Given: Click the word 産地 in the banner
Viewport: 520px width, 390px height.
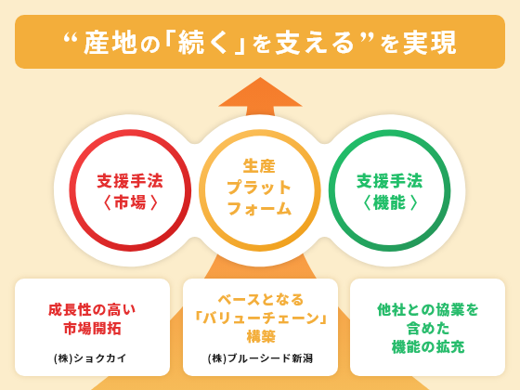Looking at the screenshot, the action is (x=110, y=43).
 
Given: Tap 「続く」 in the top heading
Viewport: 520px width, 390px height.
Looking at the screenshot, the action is (x=205, y=43).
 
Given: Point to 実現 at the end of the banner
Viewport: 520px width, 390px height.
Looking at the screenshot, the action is (x=430, y=43).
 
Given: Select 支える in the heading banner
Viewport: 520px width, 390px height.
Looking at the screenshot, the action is (x=315, y=43).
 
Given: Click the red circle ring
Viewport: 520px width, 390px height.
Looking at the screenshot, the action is (x=71, y=190).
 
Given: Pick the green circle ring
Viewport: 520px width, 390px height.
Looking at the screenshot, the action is (x=331, y=190).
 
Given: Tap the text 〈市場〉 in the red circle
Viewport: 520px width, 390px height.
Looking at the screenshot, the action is (x=130, y=202).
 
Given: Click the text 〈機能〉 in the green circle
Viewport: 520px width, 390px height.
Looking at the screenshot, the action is (x=390, y=202).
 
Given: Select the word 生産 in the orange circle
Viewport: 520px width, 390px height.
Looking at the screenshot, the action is (x=260, y=166).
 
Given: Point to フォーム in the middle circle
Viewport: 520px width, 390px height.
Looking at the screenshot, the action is (x=260, y=209).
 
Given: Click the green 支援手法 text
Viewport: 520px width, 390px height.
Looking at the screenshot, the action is (x=390, y=181).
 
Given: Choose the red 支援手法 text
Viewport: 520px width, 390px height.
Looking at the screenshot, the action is (x=130, y=181).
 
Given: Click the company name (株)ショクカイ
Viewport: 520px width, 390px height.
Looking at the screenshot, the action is (x=91, y=358).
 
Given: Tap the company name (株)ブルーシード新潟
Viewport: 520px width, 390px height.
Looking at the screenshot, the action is (x=260, y=358).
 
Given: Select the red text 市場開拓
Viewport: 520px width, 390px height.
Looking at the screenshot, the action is (x=93, y=329).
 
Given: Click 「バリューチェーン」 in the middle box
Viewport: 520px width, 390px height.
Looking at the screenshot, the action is (x=261, y=318).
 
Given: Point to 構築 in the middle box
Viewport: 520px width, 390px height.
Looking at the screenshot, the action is (x=261, y=336).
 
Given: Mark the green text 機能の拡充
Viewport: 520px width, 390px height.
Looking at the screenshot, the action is (x=428, y=347).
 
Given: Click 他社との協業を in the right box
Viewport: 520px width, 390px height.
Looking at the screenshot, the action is (x=428, y=310).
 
